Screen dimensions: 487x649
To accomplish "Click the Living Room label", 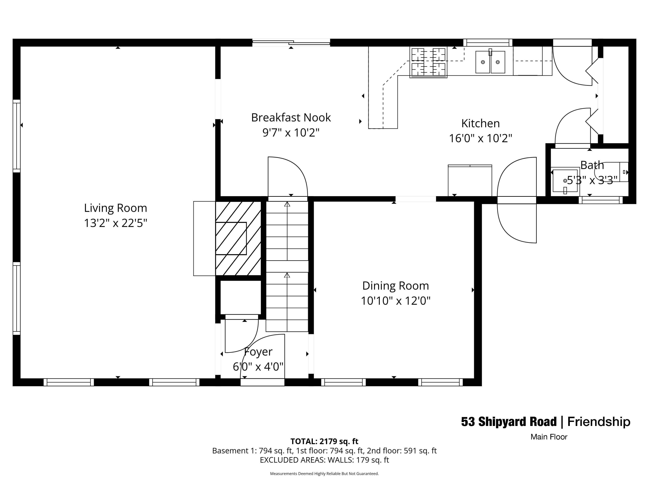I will point(115,208).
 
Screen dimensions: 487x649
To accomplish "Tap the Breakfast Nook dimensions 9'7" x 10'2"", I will point(291,133).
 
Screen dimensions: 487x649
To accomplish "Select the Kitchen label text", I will point(480,123).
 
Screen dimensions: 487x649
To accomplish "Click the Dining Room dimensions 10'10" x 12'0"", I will point(395,301).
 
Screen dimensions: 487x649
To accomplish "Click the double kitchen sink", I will point(490,62).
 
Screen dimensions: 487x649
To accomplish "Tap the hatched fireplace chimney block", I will point(238,238).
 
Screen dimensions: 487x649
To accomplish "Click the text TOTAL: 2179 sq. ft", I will point(324,441).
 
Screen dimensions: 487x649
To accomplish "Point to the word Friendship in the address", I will point(599,422).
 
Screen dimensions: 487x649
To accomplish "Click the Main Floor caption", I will point(549,437).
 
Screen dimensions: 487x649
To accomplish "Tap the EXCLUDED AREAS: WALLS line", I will point(324,460).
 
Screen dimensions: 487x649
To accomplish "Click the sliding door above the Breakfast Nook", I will point(291,43).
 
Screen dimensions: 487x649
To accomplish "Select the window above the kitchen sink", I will point(488,43).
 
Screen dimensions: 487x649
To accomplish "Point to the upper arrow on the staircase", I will point(287,204).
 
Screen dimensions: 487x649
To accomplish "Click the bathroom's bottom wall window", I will point(600,200).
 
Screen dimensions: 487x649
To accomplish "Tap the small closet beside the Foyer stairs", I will point(240,297).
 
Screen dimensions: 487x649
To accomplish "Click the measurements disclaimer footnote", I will point(324,474).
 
